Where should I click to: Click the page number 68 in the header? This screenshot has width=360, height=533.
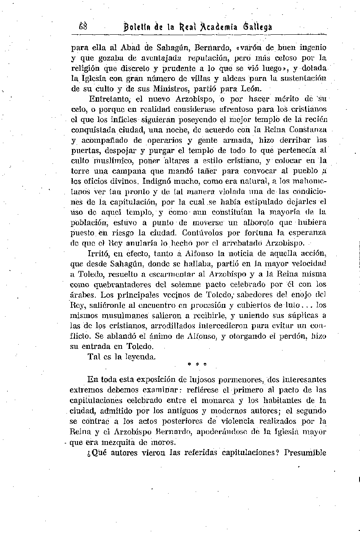tap(83, 26)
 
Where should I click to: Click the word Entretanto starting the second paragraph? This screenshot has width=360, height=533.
tap(110, 99)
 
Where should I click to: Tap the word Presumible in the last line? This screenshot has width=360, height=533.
tap(305, 453)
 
